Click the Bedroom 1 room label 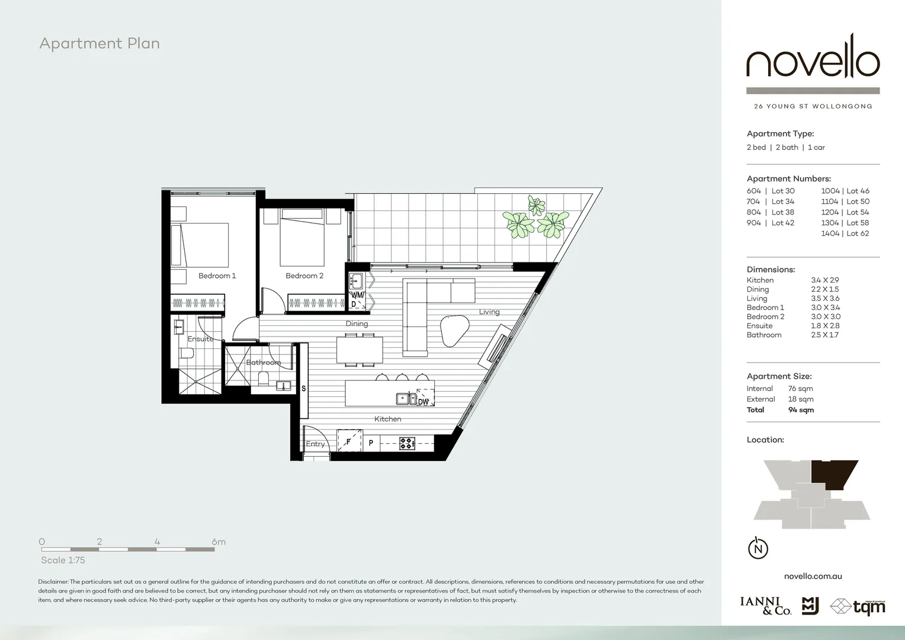(x=217, y=276)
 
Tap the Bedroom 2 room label (x=304, y=276)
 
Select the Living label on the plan (x=489, y=312)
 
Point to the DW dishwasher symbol (x=423, y=401)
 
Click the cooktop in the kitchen (x=407, y=443)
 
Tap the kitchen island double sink (x=405, y=398)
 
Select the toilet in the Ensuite (x=187, y=354)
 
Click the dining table (x=360, y=350)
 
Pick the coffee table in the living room (x=455, y=329)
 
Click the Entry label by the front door (x=315, y=444)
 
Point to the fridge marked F (x=349, y=441)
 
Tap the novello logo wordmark (x=813, y=58)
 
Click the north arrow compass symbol (x=758, y=548)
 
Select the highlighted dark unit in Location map (x=834, y=474)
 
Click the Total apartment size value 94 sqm (x=801, y=410)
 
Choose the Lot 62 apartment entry (x=845, y=233)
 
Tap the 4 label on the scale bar (x=157, y=542)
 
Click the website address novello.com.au (x=813, y=576)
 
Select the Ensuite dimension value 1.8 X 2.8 (x=825, y=326)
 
